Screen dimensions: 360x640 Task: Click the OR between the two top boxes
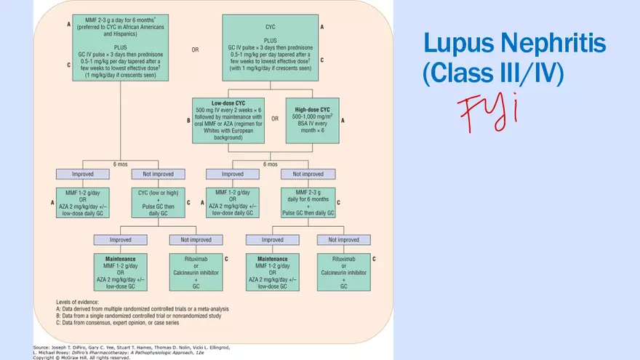pyautogui.click(x=195, y=50)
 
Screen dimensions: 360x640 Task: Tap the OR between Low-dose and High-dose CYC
pyautogui.click(x=274, y=119)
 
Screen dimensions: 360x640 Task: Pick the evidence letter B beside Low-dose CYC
pyautogui.click(x=189, y=120)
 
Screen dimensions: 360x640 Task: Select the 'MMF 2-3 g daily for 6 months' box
pyautogui.click(x=308, y=201)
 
